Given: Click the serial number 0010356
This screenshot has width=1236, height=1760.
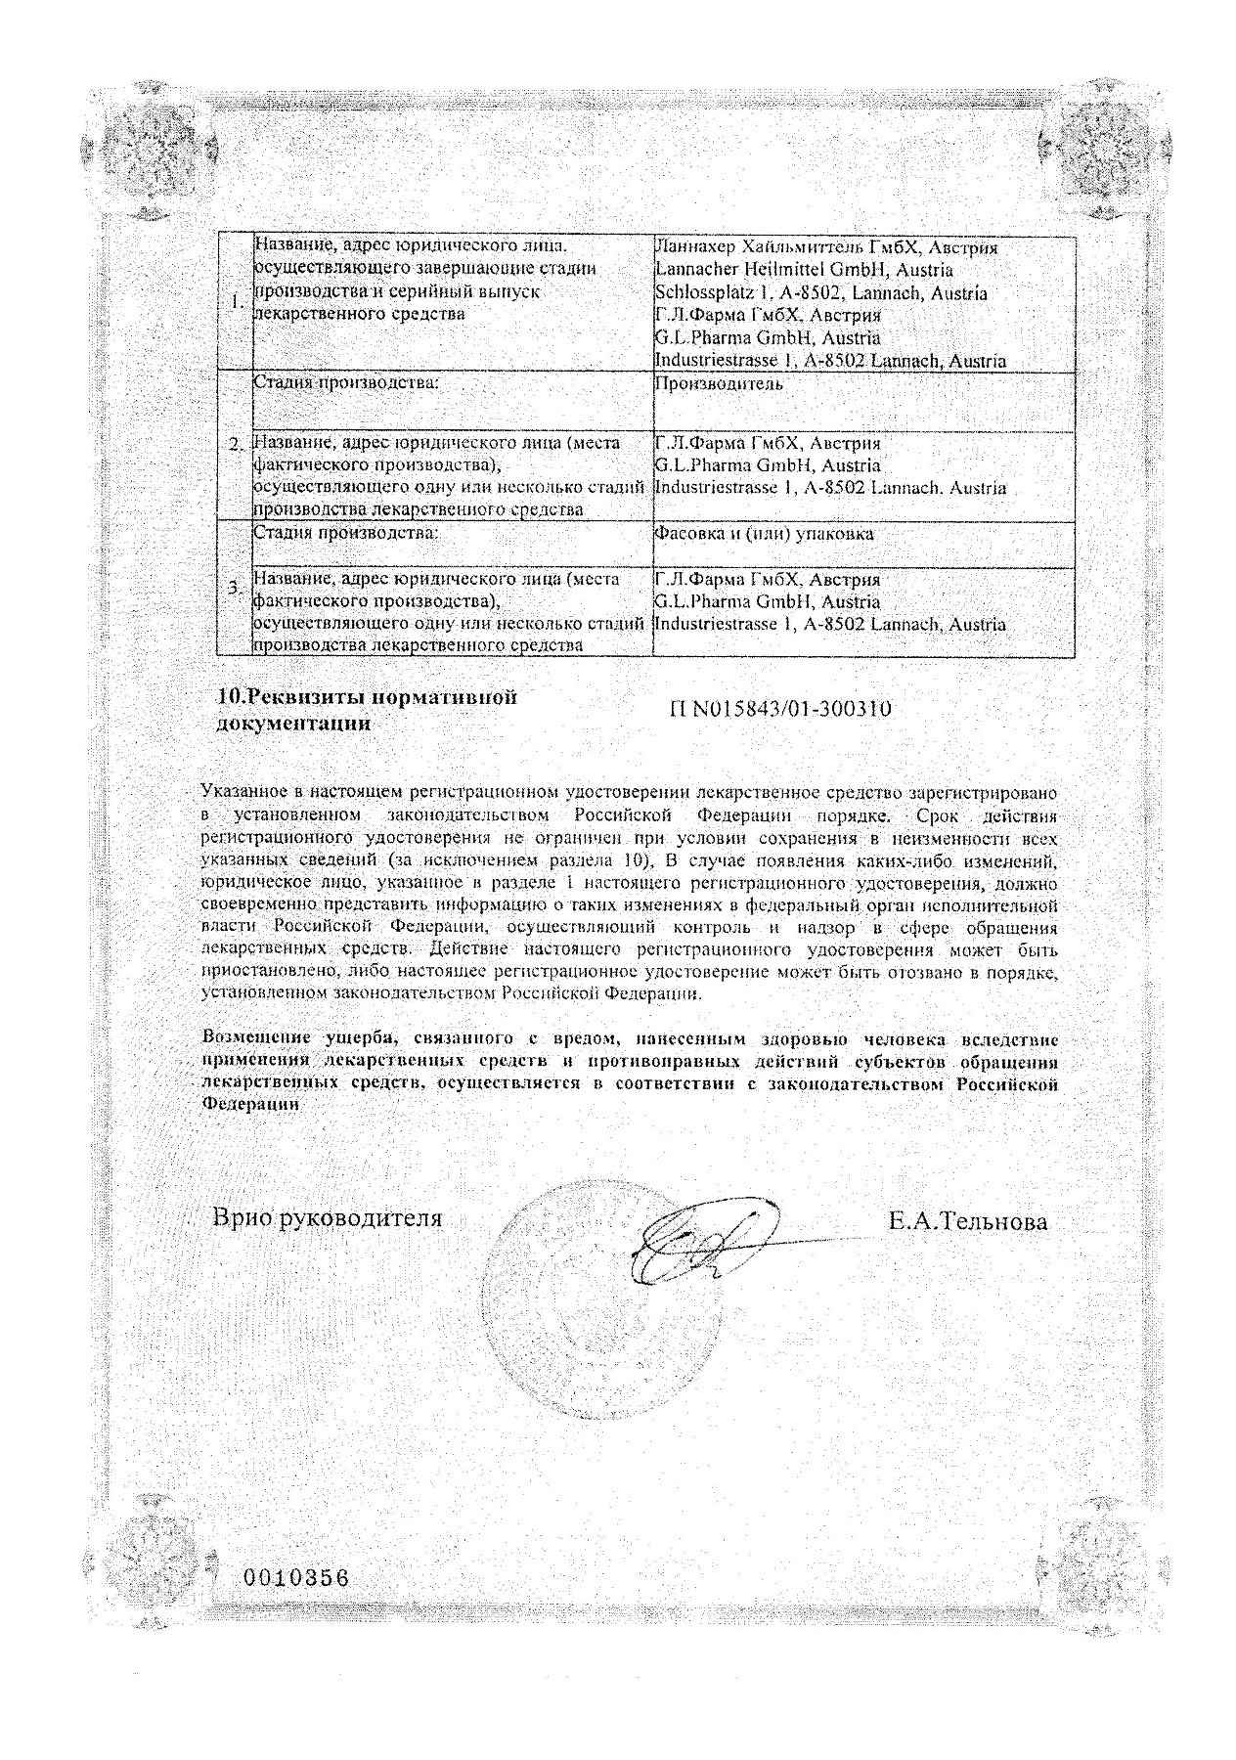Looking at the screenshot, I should coord(294,1578).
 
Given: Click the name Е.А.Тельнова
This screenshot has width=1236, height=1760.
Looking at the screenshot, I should coord(967,1220).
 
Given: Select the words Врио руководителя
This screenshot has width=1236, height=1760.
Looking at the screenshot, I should coord(328,1218).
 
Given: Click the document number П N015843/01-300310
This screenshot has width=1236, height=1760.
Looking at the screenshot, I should coord(780,710).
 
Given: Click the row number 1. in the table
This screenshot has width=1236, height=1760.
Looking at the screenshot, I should coord(236,303).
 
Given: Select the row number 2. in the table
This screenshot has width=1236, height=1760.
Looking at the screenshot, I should coord(236,445).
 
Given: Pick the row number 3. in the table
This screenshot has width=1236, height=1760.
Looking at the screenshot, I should coord(236,588).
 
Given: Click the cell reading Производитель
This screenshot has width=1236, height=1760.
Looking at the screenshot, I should coord(719,384).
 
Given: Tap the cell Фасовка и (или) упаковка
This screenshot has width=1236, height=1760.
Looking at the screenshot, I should coord(764,534).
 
